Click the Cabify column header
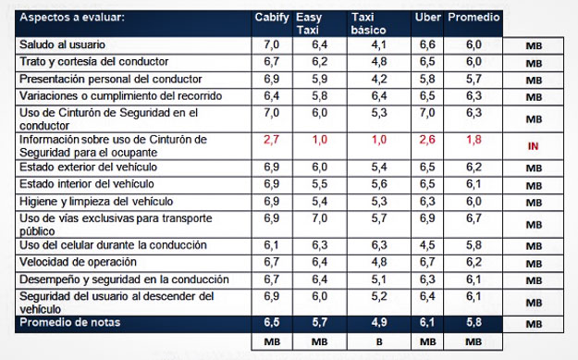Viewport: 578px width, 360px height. (x=272, y=18)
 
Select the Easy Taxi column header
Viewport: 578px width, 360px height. (x=309, y=24)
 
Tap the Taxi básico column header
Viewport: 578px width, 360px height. (x=368, y=24)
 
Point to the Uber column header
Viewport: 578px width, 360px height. (x=427, y=18)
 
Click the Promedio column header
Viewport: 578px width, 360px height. (x=473, y=18)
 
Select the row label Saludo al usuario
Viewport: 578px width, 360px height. (x=62, y=44)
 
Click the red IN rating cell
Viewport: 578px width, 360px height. (x=533, y=146)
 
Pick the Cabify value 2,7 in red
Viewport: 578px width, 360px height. (x=271, y=140)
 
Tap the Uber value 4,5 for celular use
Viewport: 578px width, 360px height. (x=427, y=245)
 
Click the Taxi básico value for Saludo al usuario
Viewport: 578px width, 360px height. (x=379, y=44)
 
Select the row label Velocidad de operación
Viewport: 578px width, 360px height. (x=78, y=262)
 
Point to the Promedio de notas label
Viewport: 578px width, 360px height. (x=70, y=322)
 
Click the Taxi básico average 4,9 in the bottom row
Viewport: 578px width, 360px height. (x=379, y=322)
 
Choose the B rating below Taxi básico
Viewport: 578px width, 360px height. (x=379, y=342)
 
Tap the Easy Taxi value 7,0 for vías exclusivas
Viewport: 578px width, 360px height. (x=320, y=218)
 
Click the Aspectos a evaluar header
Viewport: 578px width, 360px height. (x=72, y=18)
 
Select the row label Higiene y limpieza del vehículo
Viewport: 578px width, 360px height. (x=96, y=202)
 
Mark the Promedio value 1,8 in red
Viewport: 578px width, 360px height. (x=473, y=140)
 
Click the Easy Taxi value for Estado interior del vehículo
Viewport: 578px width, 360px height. (x=320, y=184)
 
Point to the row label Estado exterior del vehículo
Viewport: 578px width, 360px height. (x=88, y=168)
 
